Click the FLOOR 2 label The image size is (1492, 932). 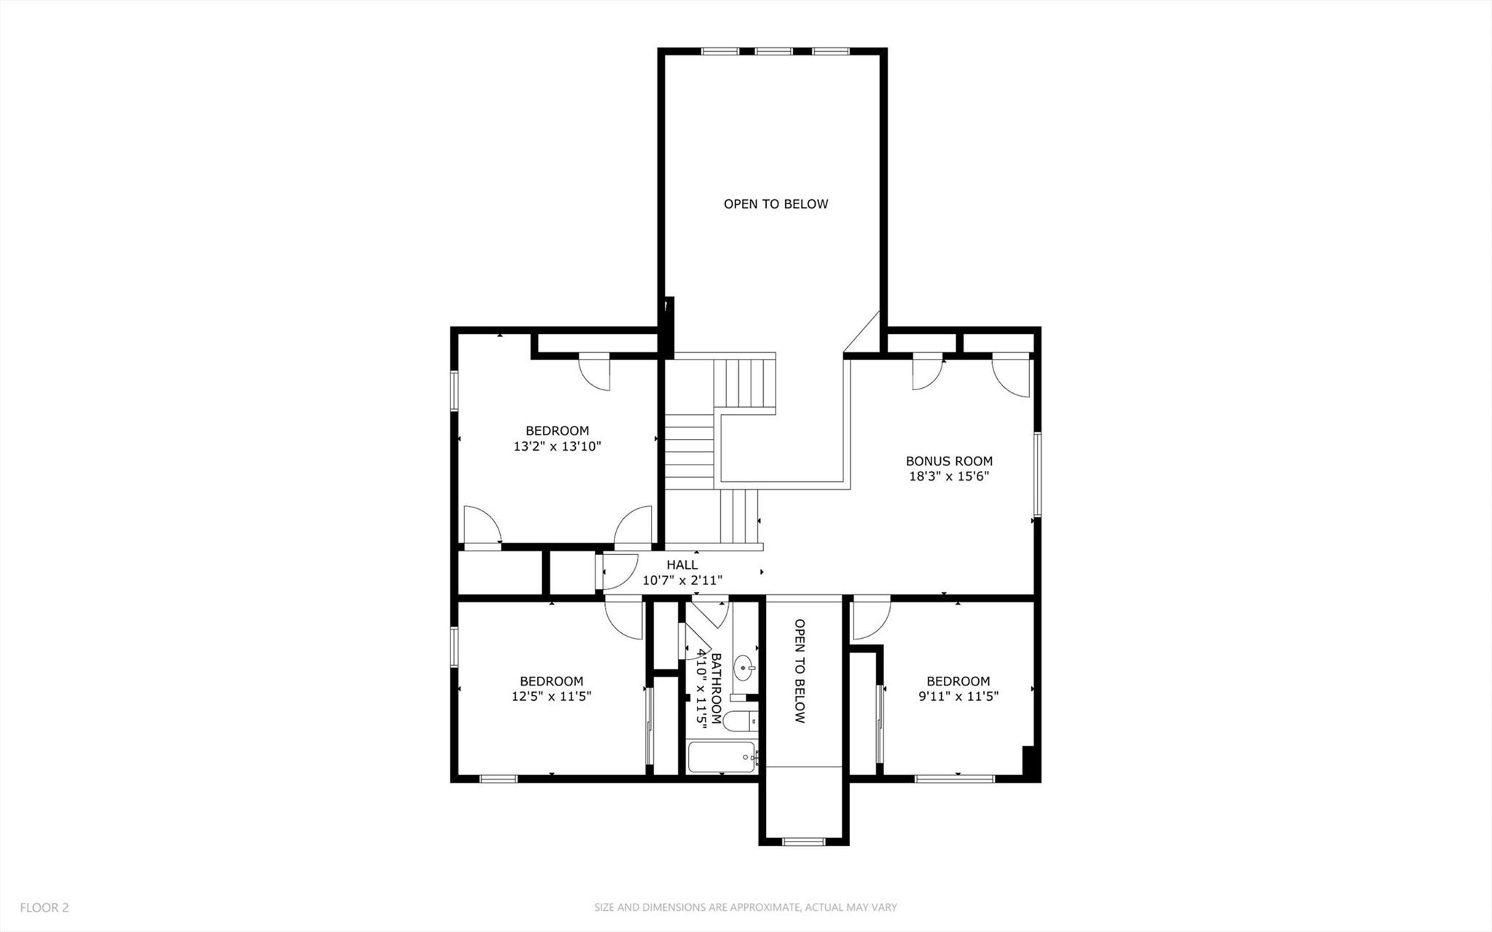point(44,908)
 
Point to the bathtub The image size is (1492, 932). point(722,758)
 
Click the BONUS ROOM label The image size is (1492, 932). point(949,461)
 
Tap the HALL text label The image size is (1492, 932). point(681,564)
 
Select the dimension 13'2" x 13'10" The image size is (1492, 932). point(557,446)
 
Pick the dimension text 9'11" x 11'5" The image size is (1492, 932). point(958,696)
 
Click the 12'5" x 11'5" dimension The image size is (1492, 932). point(551,696)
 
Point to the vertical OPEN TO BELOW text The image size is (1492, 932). point(800,671)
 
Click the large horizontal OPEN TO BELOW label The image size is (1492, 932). point(776,204)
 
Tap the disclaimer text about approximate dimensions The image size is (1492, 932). point(745,908)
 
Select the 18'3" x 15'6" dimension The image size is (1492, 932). point(949,476)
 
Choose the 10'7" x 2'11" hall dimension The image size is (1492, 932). point(681,580)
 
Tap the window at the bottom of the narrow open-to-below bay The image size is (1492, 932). point(803,842)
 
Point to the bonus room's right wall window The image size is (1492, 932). point(1036,475)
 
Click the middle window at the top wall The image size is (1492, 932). point(773,52)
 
